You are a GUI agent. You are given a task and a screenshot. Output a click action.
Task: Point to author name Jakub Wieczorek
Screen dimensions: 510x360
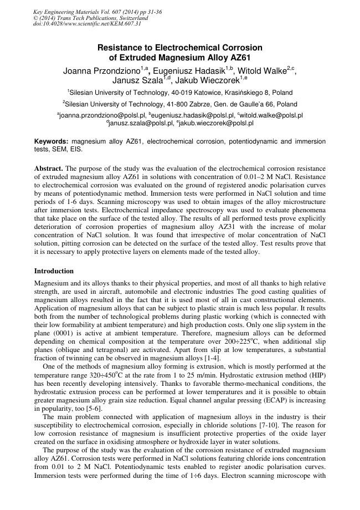coord(215,81)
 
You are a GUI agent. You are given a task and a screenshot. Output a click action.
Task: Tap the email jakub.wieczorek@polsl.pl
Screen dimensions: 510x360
coord(217,123)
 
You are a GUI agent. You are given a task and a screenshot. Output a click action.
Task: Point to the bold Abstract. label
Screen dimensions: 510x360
coord(49,167)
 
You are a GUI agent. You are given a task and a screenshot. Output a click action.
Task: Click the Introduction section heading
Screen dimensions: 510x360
coord(54,271)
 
